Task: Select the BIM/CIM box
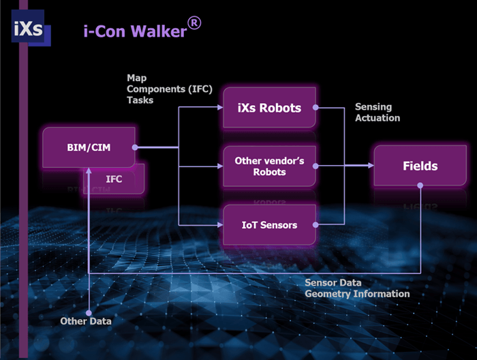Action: click(x=88, y=147)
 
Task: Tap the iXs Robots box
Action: click(x=270, y=108)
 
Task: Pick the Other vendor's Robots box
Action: click(x=270, y=166)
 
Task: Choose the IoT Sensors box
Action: click(x=270, y=225)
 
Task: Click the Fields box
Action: click(x=420, y=166)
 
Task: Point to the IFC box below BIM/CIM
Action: click(x=114, y=179)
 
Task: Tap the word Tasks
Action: click(x=140, y=100)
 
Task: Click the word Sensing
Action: click(x=374, y=107)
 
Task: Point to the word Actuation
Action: click(x=378, y=118)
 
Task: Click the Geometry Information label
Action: click(x=357, y=294)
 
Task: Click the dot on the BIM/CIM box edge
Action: click(x=135, y=147)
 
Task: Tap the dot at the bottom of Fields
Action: click(x=420, y=185)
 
